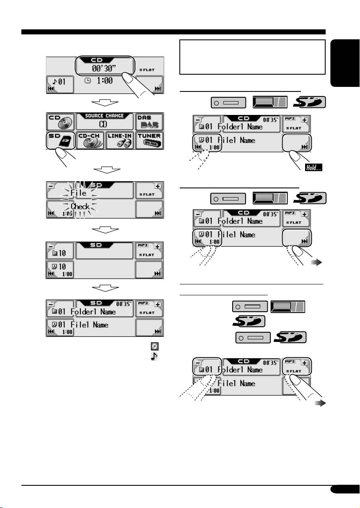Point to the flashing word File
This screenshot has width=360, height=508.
pos(78,193)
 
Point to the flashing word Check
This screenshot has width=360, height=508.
pos(79,206)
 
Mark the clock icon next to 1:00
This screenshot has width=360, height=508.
pos(87,81)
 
